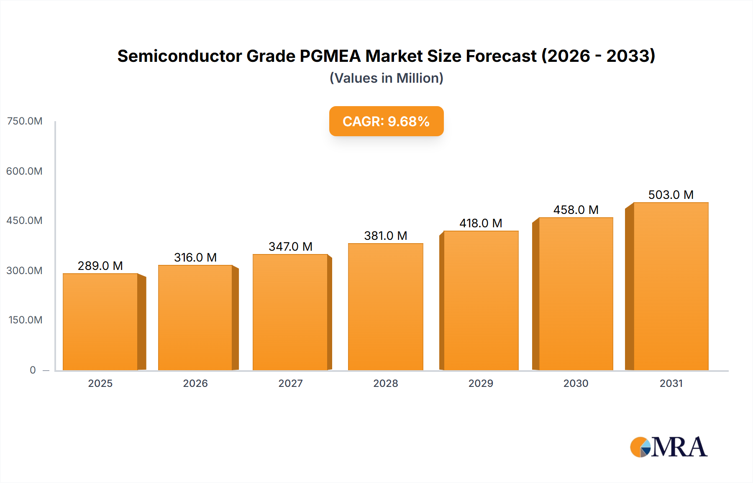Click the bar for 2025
(100, 322)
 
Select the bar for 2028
(385, 307)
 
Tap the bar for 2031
(671, 287)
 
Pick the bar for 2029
(481, 301)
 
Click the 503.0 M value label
(671, 195)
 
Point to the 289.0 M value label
(100, 266)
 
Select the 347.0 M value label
(290, 247)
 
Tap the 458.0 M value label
(576, 210)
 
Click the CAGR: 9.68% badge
(386, 121)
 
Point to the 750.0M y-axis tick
(25, 121)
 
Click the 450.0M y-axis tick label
(25, 221)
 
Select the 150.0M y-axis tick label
(26, 320)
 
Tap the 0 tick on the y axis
(33, 370)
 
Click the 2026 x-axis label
(195, 384)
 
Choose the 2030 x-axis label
(576, 384)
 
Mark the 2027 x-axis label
(290, 384)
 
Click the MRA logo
(668, 447)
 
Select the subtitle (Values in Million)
(386, 78)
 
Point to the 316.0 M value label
(195, 257)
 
